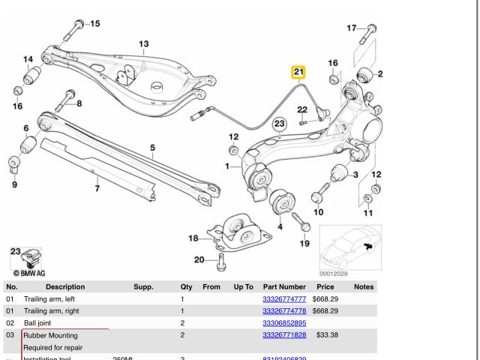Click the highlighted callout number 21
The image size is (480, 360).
(x=299, y=73)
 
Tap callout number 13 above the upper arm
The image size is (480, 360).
(x=143, y=44)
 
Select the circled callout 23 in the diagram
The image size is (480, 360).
(x=279, y=123)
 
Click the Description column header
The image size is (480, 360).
(x=65, y=286)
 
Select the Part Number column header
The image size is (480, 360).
(x=284, y=286)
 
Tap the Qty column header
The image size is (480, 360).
(x=186, y=286)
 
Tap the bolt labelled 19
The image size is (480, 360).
(x=300, y=222)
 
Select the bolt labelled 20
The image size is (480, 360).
(x=220, y=262)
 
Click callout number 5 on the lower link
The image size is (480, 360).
(x=152, y=148)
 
